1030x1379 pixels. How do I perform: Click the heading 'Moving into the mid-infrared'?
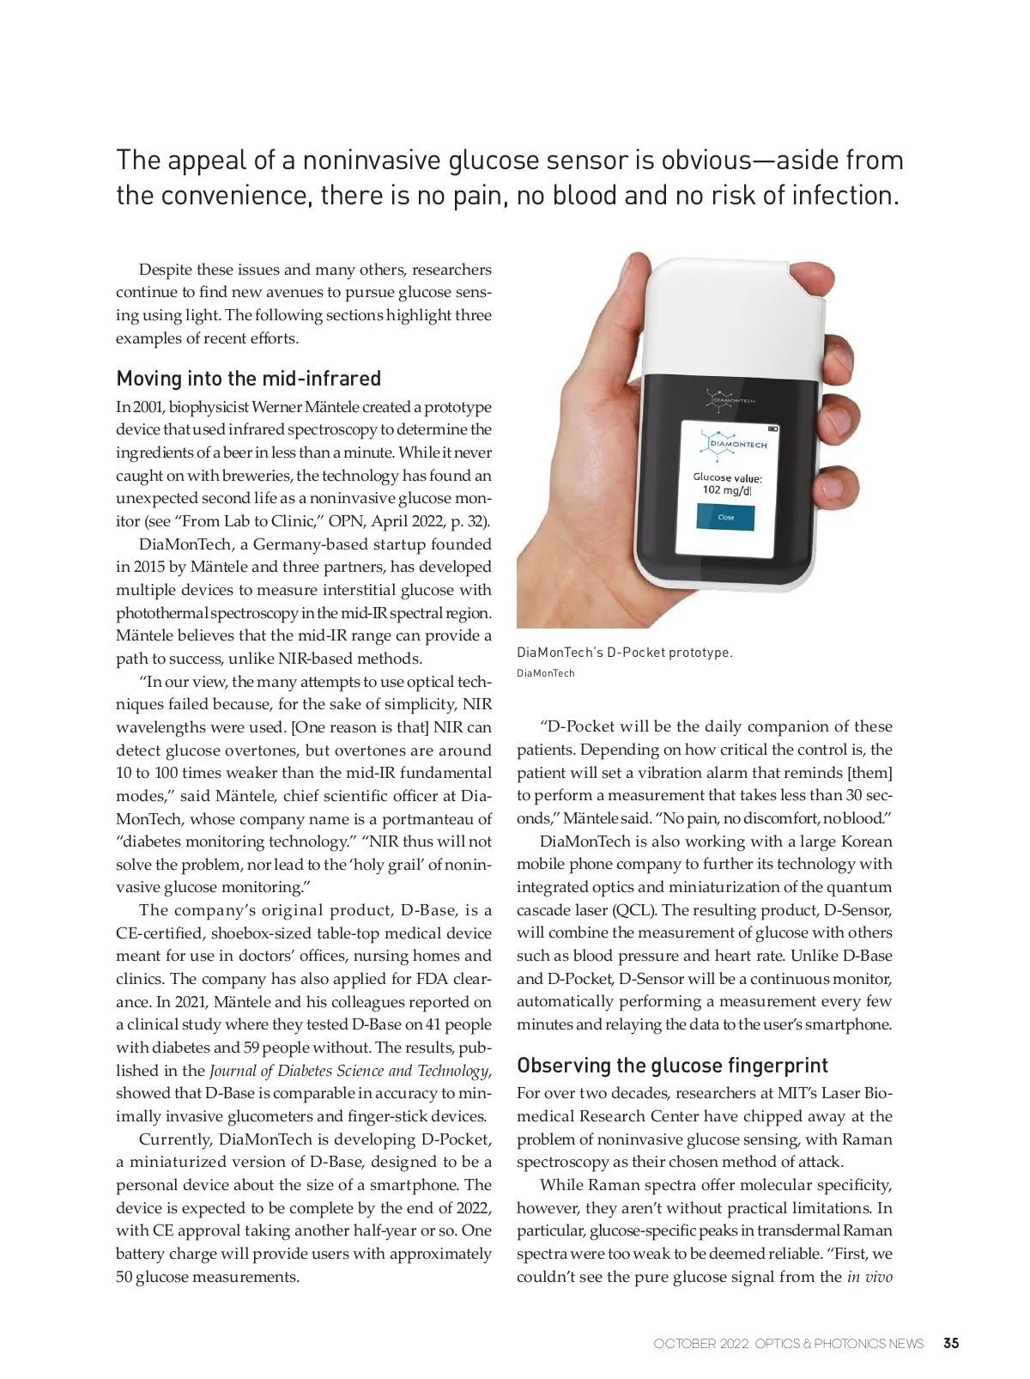coord(248,379)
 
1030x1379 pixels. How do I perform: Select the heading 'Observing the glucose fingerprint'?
coord(672,1066)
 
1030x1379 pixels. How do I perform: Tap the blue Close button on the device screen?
coord(726,517)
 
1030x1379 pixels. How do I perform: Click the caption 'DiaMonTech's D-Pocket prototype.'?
coord(624,653)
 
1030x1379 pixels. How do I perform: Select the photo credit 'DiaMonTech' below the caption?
coord(545,673)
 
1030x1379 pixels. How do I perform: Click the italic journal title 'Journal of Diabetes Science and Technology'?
coord(349,1071)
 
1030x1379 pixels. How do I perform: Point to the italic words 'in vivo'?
coord(869,1276)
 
